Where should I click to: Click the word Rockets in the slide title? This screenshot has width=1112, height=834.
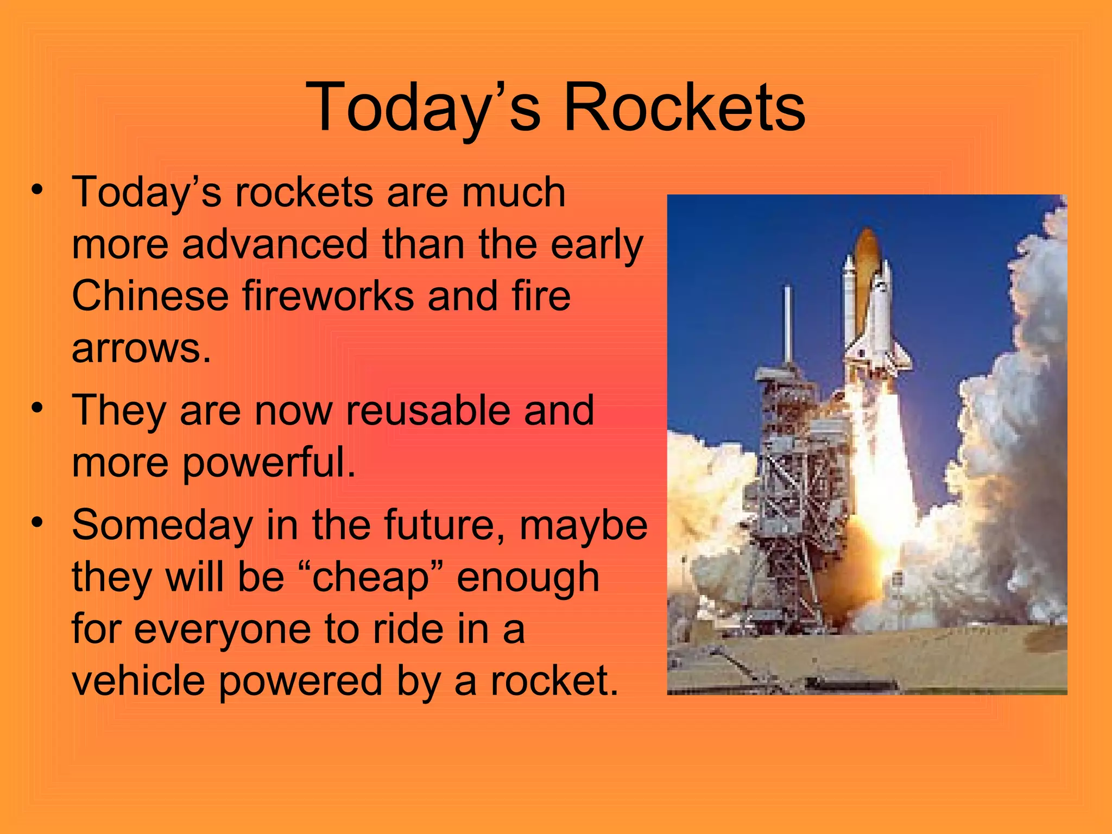tap(684, 107)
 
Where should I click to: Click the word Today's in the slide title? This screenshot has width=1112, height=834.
tap(424, 107)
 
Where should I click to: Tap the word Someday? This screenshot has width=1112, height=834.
tap(162, 525)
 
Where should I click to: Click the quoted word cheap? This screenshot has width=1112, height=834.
tap(371, 577)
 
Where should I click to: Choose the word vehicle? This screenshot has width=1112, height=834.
tap(138, 681)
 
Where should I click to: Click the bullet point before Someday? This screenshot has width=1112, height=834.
tap(36, 523)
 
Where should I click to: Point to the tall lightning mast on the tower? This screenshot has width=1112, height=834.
tap(787, 326)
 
